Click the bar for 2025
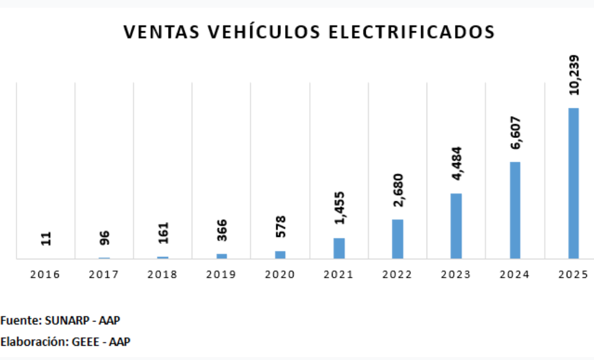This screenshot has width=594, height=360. point(573,183)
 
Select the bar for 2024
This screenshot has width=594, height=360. point(515,210)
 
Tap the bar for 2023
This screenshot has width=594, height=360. point(456,226)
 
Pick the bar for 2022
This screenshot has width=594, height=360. point(398,239)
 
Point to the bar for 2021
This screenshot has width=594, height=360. point(339,248)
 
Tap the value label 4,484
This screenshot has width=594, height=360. point(456,165)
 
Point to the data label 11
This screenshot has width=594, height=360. point(46,239)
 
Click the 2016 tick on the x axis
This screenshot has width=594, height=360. point(46,275)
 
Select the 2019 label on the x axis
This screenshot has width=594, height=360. point(221,275)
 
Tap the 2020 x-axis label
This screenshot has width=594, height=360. point(280,275)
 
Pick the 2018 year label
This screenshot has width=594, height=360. point(163,275)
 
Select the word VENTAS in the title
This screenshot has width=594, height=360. point(160,32)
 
